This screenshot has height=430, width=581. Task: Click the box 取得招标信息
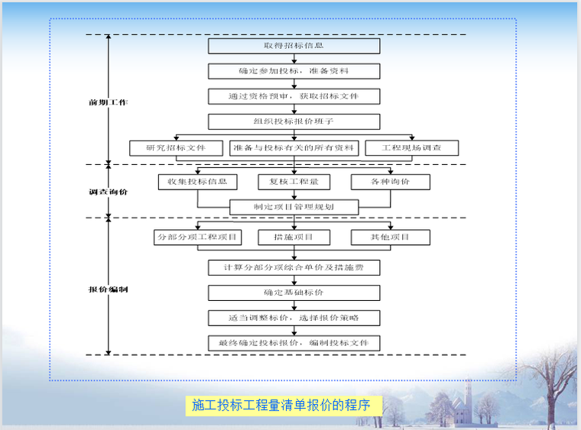(294, 46)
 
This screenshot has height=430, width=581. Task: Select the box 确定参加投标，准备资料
(294, 71)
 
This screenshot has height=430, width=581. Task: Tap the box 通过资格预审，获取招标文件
(294, 96)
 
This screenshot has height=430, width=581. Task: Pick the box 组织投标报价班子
(294, 121)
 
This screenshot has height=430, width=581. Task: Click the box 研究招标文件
(176, 147)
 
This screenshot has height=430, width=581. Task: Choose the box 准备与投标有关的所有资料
(294, 147)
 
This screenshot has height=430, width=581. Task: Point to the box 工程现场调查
(411, 147)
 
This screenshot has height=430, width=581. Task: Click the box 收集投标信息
(198, 182)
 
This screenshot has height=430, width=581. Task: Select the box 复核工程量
(294, 182)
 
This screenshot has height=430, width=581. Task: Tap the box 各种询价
(390, 182)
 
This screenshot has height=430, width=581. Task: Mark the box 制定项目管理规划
(294, 207)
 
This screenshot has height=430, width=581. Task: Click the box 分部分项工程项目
(198, 238)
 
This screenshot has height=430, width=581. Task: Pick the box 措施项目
(294, 238)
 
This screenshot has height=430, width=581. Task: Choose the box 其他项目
(390, 238)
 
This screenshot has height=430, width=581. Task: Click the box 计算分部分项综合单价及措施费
(294, 267)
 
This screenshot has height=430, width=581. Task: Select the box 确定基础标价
(294, 293)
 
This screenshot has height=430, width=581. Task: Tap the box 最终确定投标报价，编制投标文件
(294, 343)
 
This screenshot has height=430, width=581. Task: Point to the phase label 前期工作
(109, 102)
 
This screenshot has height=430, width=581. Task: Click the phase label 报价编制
(109, 290)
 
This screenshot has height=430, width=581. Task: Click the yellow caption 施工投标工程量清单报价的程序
(281, 406)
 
